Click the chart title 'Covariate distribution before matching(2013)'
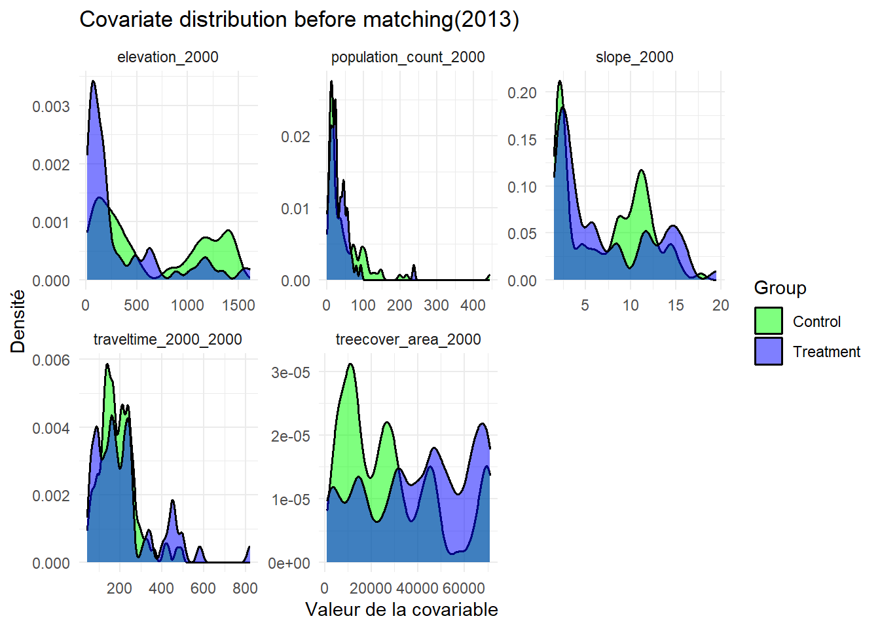point(299,20)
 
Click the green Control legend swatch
point(768,321)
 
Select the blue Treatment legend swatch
point(768,351)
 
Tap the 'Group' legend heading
point(780,288)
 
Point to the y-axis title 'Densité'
point(18,321)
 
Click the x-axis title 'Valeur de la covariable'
point(401,609)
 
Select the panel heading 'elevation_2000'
point(168,57)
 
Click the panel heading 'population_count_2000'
point(408,57)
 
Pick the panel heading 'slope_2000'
point(634,57)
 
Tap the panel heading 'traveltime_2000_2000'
point(168,339)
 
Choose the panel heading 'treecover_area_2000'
point(408,339)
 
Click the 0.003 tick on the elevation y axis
point(51,106)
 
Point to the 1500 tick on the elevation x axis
point(238,305)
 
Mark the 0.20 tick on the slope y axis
point(522,92)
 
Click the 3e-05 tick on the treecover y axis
point(291,372)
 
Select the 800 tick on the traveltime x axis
point(245,588)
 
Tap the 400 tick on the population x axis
point(473,305)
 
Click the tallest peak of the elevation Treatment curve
point(93,81)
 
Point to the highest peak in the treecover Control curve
point(351,364)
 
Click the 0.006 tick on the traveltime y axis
point(51,360)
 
